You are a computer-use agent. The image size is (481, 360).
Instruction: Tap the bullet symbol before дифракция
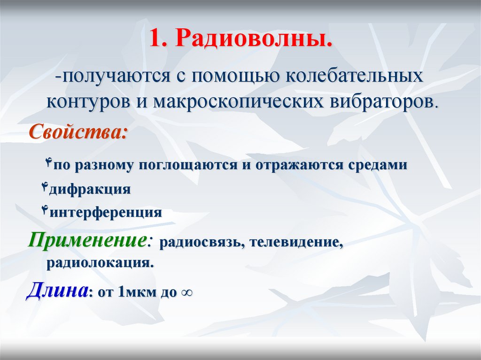coord(45,188)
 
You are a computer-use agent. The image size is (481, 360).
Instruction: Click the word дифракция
coord(89,190)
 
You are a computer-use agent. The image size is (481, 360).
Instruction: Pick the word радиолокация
coord(100,262)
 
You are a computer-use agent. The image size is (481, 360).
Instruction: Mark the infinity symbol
coord(186,293)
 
